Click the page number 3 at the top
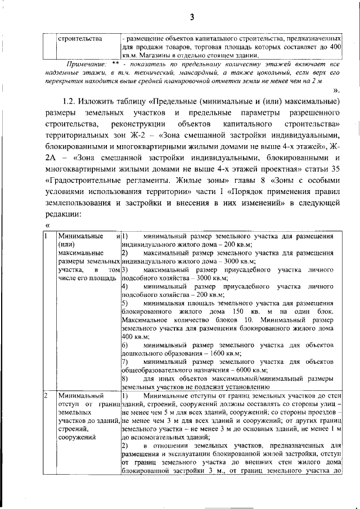pos(191,17)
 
